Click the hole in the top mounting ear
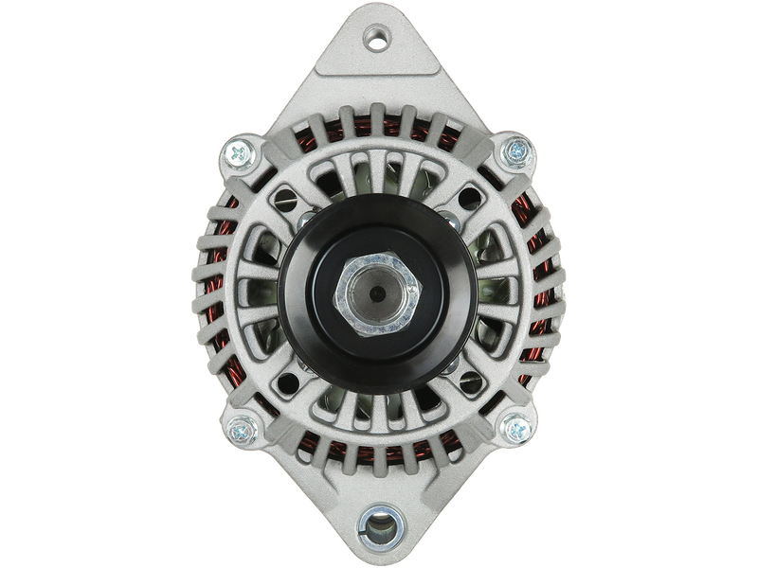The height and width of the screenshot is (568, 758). pos(379,40)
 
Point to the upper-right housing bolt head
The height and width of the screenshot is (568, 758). pos(517,149)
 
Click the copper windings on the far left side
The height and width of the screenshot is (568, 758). pos(211,284)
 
